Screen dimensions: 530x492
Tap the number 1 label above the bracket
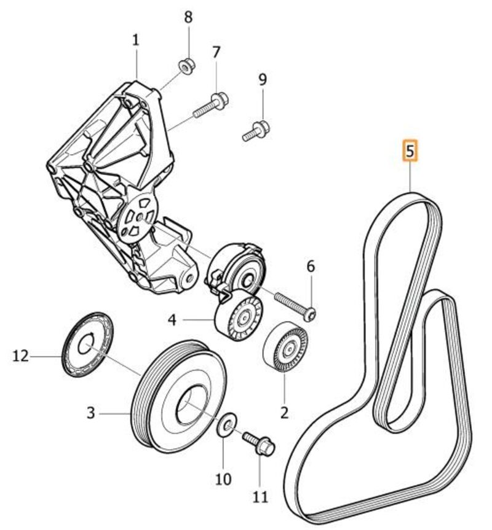tap(135, 41)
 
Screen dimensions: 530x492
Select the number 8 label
tap(189, 17)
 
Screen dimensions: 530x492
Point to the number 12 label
tap(22, 356)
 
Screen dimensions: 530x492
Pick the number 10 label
tap(223, 478)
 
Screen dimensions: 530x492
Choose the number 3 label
tap(91, 413)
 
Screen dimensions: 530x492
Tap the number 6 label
tap(311, 267)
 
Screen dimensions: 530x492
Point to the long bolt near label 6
tap(294, 305)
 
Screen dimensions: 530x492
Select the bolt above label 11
tap(258, 445)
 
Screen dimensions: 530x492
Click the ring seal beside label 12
tap(88, 343)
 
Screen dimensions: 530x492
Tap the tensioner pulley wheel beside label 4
tap(239, 318)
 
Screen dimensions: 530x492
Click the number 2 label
tap(284, 413)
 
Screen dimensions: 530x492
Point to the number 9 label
tap(263, 79)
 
